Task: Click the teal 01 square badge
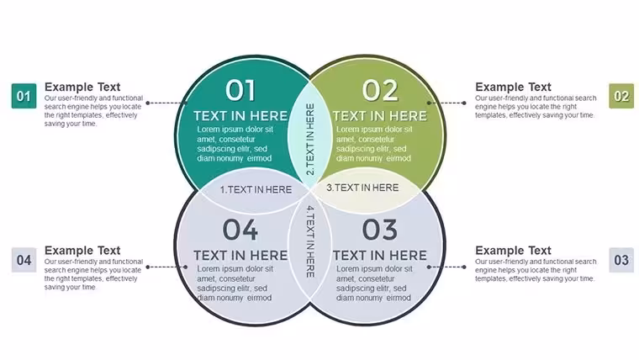pyautogui.click(x=24, y=96)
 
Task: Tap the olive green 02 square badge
pyautogui.click(x=621, y=96)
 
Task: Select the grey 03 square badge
pyautogui.click(x=621, y=260)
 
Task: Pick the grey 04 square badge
pyautogui.click(x=24, y=260)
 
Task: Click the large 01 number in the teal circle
pyautogui.click(x=240, y=90)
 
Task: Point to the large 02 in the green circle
pyautogui.click(x=380, y=90)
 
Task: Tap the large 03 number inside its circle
pyautogui.click(x=380, y=230)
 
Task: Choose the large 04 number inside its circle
pyautogui.click(x=240, y=230)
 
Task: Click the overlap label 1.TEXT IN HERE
pyautogui.click(x=256, y=189)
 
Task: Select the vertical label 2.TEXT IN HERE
pyautogui.click(x=310, y=139)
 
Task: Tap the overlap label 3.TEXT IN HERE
pyautogui.click(x=362, y=188)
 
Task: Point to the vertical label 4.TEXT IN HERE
pyautogui.click(x=310, y=241)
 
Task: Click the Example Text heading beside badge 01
pyautogui.click(x=82, y=87)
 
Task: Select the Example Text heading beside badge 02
pyautogui.click(x=513, y=87)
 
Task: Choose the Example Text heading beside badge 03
pyautogui.click(x=513, y=251)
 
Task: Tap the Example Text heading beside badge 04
pyautogui.click(x=82, y=251)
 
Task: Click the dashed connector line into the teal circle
pyautogui.click(x=166, y=103)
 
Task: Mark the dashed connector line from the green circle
pyautogui.click(x=446, y=103)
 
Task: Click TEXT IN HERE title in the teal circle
pyautogui.click(x=240, y=116)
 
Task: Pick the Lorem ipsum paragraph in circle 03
pyautogui.click(x=373, y=283)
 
